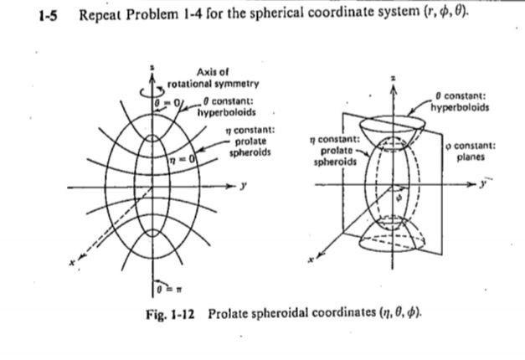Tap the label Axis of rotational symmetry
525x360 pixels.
point(214,78)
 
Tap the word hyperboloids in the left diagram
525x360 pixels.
point(220,111)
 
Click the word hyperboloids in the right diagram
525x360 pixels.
point(460,107)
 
